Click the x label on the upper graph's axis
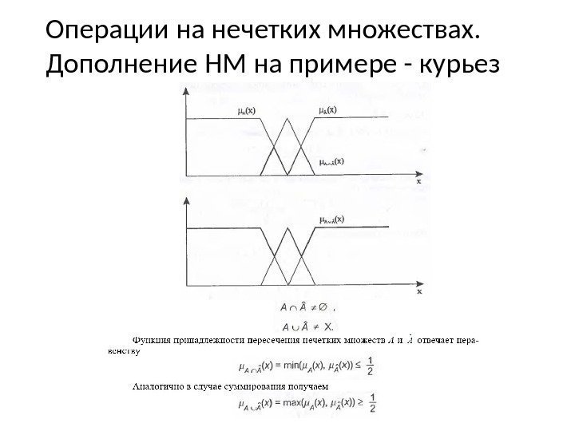point(417,181)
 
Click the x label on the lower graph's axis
point(417,293)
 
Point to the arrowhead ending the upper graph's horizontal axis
point(418,172)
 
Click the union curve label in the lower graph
point(331,217)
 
